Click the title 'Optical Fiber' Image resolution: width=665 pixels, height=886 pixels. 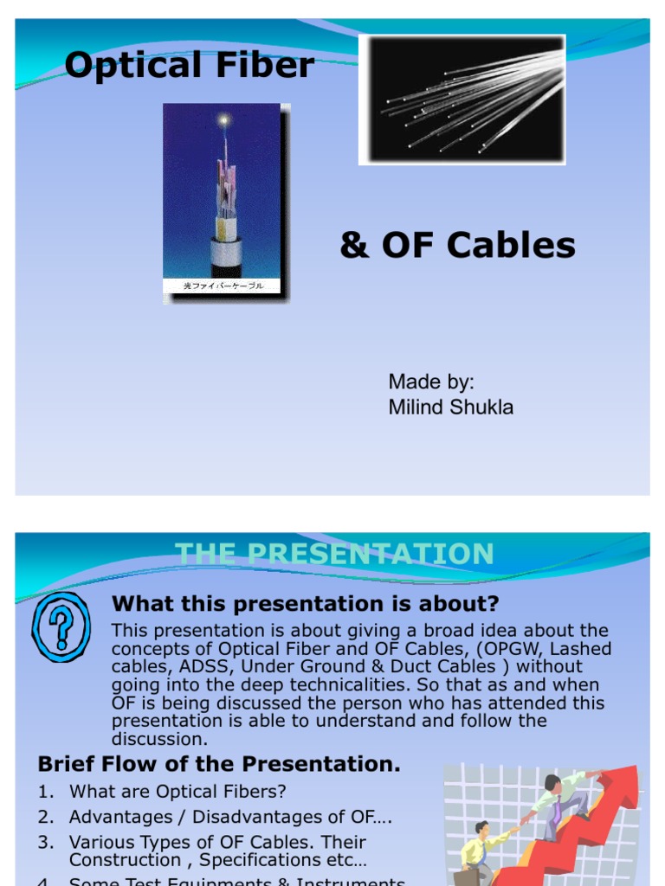(x=189, y=65)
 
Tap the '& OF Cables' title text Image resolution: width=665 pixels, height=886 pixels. (x=457, y=246)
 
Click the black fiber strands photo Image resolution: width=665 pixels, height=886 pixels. (x=462, y=99)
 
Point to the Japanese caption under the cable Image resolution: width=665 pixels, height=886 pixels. (x=222, y=286)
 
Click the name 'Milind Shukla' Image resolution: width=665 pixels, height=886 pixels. (x=450, y=407)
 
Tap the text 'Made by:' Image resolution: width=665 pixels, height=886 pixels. (x=431, y=382)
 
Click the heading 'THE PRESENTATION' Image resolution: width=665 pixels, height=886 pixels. (x=334, y=554)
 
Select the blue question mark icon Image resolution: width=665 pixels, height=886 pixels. (x=61, y=621)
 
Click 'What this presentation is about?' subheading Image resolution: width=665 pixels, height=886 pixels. (x=306, y=603)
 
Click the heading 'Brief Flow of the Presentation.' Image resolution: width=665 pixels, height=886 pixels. (x=219, y=764)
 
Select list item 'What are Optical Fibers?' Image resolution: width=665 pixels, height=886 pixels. (x=178, y=791)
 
